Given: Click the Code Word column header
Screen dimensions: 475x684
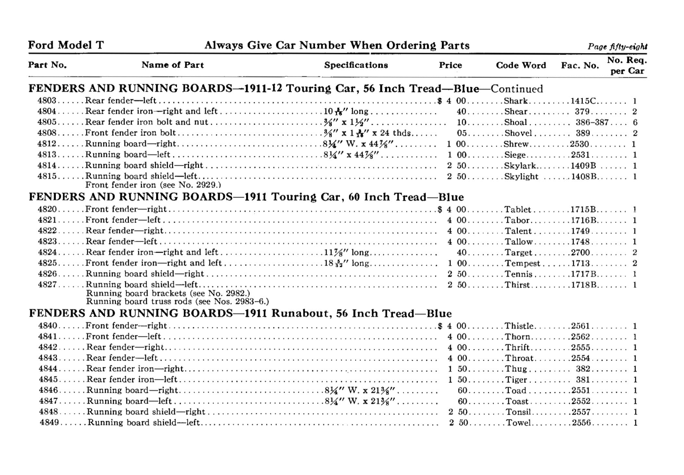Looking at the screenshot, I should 520,65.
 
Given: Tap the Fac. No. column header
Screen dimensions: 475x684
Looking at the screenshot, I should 580,65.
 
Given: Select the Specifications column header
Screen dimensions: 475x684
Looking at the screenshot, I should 356,65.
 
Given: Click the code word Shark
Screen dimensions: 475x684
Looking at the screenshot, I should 516,101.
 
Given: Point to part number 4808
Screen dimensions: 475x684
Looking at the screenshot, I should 47,133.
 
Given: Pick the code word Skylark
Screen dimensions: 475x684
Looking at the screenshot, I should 520,166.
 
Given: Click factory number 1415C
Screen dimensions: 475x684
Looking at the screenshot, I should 584,101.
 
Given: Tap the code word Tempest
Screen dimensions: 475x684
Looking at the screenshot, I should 523,263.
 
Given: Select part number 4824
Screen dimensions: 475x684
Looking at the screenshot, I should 47,253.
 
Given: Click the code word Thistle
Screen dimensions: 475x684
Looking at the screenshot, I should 519,326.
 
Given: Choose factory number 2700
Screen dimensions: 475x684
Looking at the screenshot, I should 580,253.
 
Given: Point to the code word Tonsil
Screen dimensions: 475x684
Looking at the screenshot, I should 518,412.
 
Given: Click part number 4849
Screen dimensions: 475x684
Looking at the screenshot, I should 49,423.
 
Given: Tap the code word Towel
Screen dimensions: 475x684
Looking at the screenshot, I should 518,423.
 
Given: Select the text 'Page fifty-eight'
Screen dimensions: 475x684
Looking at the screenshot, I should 617,47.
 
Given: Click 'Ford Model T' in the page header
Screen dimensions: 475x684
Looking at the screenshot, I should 66,45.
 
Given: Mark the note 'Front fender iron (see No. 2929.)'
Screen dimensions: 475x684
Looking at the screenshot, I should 153,185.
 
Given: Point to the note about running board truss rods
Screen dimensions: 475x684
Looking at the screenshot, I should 177,302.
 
